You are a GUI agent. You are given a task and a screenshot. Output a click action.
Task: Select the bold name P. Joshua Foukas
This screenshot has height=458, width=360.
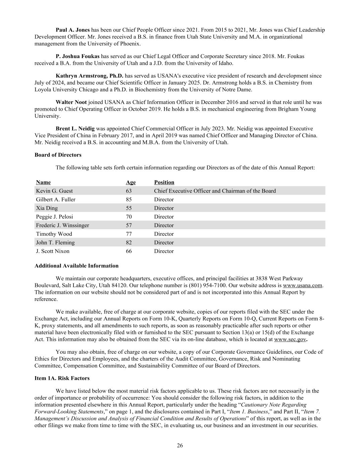point(78,56)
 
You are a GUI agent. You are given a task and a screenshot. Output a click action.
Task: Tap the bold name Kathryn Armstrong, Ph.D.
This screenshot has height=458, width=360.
point(90,76)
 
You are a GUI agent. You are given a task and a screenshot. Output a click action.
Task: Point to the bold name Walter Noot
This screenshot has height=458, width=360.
point(71,102)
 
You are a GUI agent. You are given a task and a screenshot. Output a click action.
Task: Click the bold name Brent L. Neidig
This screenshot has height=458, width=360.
point(75,129)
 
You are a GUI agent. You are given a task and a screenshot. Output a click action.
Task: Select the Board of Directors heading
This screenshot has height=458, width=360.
point(58,155)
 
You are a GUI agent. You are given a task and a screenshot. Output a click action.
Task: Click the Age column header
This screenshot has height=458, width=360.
point(131,182)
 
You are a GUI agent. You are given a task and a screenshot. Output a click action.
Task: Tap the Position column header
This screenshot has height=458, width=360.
point(164,182)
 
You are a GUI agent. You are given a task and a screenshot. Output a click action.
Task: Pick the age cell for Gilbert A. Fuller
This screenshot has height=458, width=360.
point(129,199)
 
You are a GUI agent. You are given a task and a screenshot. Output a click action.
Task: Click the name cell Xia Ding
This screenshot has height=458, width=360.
point(47,208)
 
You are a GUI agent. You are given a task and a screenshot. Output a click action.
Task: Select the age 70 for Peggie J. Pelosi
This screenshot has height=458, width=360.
point(129,217)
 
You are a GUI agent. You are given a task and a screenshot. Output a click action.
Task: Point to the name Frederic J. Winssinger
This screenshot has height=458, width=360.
point(62,225)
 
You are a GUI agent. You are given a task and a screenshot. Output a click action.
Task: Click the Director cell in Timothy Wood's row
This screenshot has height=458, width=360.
point(164,234)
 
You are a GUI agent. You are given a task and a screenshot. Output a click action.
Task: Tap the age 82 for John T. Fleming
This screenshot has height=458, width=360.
point(129,243)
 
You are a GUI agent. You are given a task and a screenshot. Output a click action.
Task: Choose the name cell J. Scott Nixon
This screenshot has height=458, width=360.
point(53,251)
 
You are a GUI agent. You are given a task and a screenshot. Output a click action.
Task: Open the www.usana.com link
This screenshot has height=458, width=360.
point(302,285)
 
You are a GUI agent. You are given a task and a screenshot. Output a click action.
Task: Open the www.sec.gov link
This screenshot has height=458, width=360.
point(290,339)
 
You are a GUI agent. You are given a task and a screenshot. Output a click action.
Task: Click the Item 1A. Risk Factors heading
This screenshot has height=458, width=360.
point(62,378)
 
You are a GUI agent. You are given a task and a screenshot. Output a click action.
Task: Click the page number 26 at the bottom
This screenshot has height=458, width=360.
point(180,446)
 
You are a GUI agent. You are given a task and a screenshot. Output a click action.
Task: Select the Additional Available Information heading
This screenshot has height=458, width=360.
point(76,266)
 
